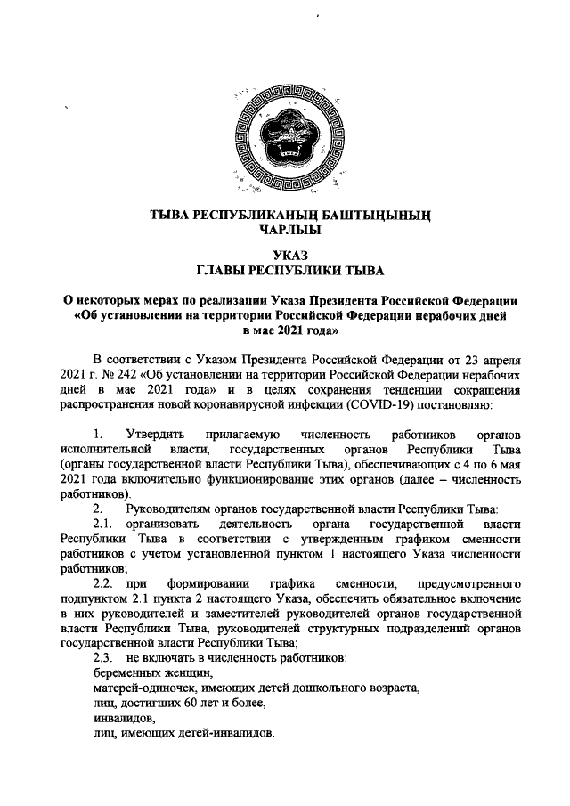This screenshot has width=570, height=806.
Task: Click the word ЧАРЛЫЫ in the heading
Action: pos(285,230)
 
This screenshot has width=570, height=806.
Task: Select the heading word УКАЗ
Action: pos(285,254)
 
